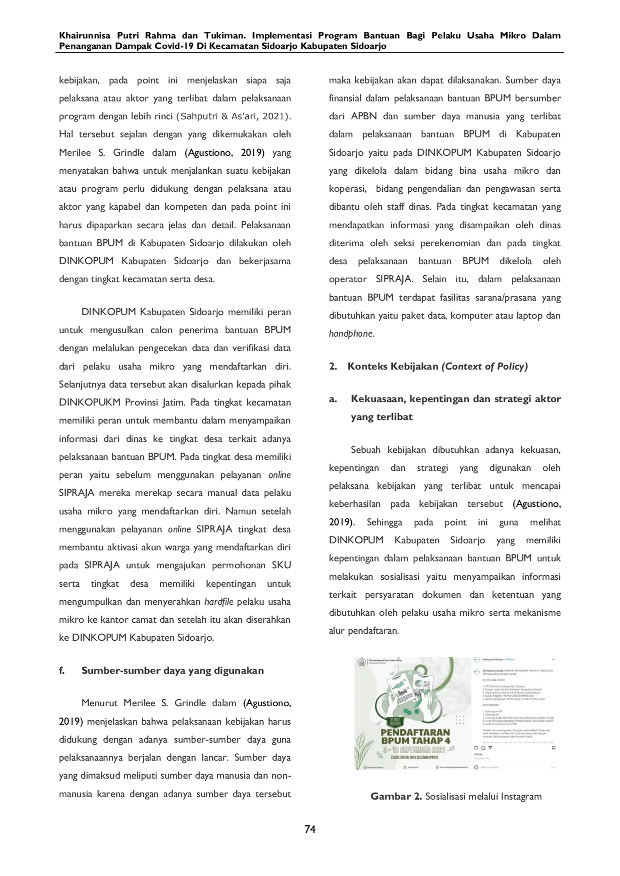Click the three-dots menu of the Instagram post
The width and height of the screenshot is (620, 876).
coord(553,660)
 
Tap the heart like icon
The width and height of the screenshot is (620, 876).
coord(476,748)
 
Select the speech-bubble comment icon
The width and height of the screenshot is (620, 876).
coord(483,748)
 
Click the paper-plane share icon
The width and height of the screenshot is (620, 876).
coord(490,748)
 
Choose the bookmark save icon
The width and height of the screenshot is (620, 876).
coord(553,748)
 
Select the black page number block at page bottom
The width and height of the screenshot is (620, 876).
coord(310,829)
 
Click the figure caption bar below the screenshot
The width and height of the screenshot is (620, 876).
coord(456,796)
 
